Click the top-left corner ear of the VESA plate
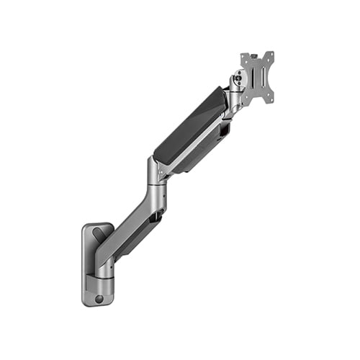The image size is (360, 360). pos(243,55)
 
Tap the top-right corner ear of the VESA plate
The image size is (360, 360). pos(272,55)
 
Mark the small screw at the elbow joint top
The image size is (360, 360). pos(160,171)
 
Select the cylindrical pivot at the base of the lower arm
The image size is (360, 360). pos(104,269)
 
